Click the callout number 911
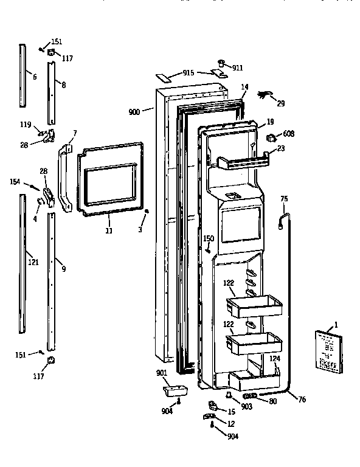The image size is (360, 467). (x=237, y=68)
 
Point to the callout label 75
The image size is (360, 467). (x=283, y=199)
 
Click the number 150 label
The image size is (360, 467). (x=209, y=238)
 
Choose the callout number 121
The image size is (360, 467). (x=33, y=263)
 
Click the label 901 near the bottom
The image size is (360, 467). (x=162, y=373)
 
